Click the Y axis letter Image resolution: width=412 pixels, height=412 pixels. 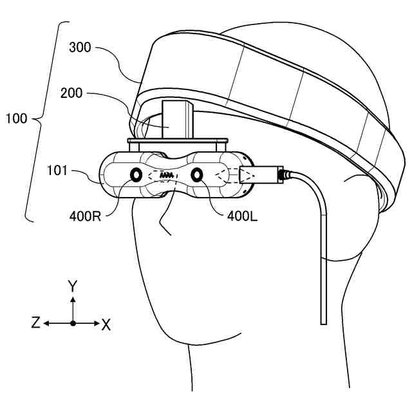pyautogui.click(x=73, y=286)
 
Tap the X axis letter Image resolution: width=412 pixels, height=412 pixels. pyautogui.click(x=106, y=324)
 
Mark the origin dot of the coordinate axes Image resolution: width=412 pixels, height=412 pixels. pyautogui.click(x=73, y=323)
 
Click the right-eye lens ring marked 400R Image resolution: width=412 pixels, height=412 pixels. pyautogui.click(x=137, y=175)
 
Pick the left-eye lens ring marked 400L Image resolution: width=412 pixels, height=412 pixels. pyautogui.click(x=196, y=173)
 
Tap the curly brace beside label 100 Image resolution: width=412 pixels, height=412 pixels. pyautogui.click(x=42, y=119)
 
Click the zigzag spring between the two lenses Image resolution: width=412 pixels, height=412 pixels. pyautogui.click(x=166, y=174)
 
